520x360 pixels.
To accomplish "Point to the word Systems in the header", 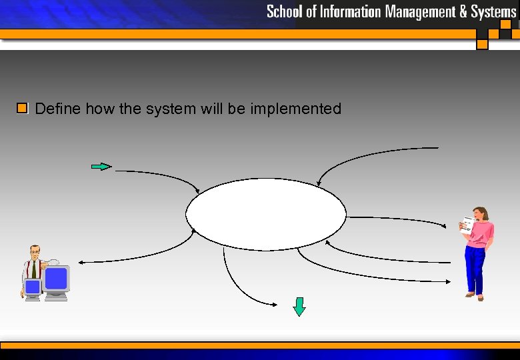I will point(493,11).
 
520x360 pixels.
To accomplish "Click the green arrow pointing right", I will point(101,167).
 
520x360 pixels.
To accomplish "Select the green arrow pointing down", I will point(299,307).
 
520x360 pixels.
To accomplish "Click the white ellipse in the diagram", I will point(266,215).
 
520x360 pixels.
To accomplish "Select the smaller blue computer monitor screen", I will point(32,287).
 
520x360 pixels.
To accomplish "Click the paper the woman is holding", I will point(468,225).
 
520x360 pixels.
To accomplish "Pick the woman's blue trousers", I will point(476,267).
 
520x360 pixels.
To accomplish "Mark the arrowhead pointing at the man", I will point(80,262).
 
